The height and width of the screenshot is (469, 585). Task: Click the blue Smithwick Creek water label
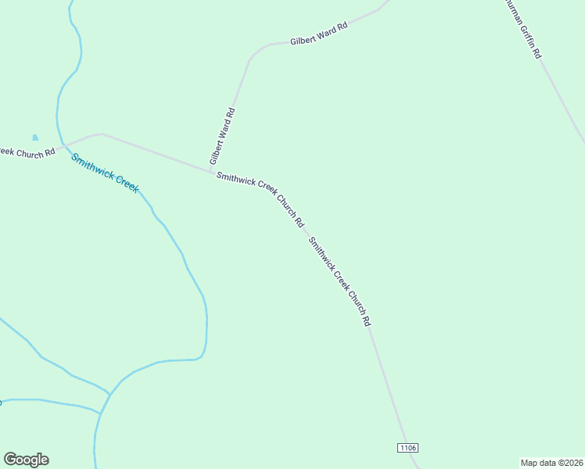tap(105, 173)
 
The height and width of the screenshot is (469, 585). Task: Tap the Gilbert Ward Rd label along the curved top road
tap(318, 34)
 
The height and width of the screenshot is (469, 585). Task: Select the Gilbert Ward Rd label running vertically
tap(222, 136)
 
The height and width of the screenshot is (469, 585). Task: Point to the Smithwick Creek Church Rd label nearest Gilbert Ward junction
tap(260, 200)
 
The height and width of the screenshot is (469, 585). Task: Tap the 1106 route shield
tap(407, 447)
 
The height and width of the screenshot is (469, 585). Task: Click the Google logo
tap(26, 460)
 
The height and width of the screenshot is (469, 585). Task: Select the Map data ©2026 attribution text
tap(552, 462)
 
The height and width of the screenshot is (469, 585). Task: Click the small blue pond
tap(35, 138)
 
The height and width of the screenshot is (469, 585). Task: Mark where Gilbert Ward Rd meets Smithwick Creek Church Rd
tap(210, 170)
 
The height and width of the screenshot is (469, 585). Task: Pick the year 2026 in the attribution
tap(572, 462)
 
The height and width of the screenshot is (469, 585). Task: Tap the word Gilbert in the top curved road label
tap(303, 38)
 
